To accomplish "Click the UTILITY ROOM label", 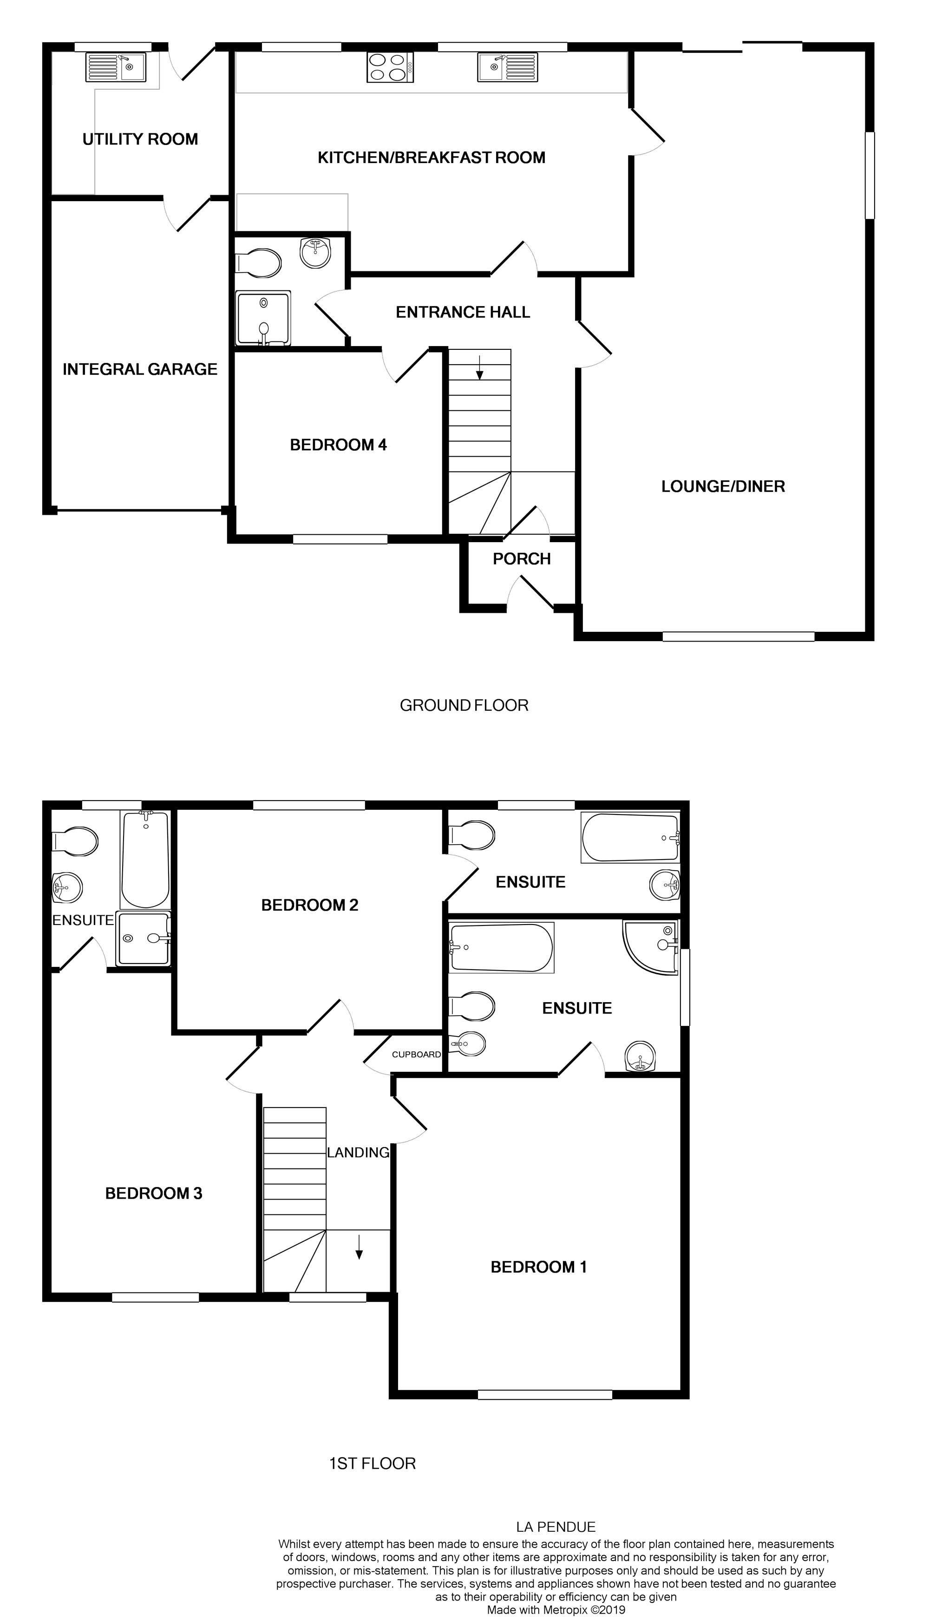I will pyautogui.click(x=140, y=139).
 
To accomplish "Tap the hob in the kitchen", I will pyautogui.click(x=390, y=67).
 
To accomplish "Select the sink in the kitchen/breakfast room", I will pyautogui.click(x=508, y=67).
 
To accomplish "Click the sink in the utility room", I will pyautogui.click(x=116, y=67).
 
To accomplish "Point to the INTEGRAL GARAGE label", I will pyautogui.click(x=140, y=369).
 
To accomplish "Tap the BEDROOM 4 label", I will pyautogui.click(x=338, y=445).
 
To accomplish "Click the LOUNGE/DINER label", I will pyautogui.click(x=723, y=486).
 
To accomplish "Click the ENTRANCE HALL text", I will pyautogui.click(x=463, y=312).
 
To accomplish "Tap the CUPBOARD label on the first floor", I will pyautogui.click(x=416, y=1055).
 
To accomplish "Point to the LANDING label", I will pyautogui.click(x=358, y=1153).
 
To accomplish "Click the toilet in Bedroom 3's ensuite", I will pyautogui.click(x=76, y=841).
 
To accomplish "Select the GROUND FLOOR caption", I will pyautogui.click(x=464, y=705).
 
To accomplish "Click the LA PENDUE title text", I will pyautogui.click(x=556, y=1527).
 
